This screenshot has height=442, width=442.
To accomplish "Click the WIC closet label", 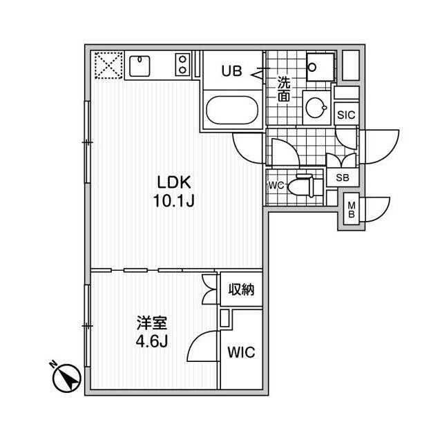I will (241, 352).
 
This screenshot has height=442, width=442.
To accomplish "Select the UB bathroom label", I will (231, 71).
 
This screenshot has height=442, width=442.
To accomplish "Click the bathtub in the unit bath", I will (231, 110).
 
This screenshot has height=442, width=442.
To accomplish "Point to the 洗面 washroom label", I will (284, 88).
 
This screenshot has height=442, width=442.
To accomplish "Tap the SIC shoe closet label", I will (345, 115).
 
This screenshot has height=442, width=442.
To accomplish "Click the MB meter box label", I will (352, 209).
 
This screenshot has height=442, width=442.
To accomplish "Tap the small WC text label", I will (276, 186).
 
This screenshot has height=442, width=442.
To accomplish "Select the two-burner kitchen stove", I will (182, 66).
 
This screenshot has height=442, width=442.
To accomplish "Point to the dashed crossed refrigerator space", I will (107, 66).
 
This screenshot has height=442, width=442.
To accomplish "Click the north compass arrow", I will (66, 377).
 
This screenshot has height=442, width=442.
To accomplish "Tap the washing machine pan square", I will (319, 66).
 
